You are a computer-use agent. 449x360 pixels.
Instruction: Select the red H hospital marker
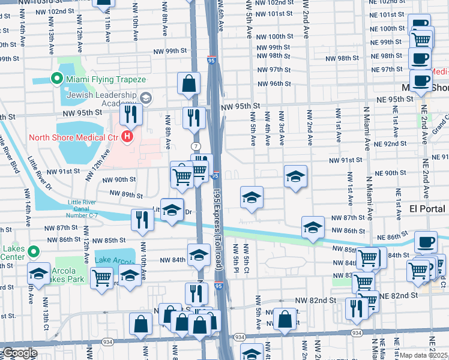pos(127,137)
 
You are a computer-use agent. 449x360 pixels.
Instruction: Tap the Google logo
pos(20,353)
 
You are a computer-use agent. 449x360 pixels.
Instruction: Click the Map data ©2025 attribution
pos(424,355)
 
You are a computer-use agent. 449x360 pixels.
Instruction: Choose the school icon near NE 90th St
pos(295,176)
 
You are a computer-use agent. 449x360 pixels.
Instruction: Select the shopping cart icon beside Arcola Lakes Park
pos(101,277)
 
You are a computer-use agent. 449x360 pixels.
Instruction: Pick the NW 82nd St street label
pos(315,299)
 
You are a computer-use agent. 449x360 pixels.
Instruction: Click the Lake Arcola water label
pos(113,260)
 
